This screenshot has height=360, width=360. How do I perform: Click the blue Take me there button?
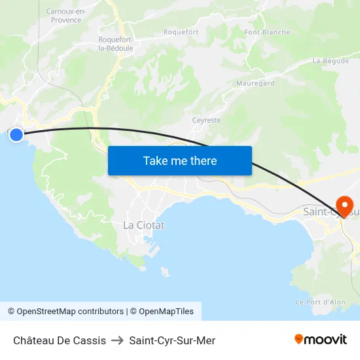[179, 160]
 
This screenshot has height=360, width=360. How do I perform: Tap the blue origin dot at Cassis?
[16, 135]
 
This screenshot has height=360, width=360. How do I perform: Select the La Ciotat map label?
[144, 225]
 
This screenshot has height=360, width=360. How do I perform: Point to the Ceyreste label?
[206, 120]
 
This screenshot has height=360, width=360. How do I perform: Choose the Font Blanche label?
[267, 32]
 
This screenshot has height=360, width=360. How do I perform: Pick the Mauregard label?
[255, 84]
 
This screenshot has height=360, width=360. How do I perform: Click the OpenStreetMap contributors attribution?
[65, 312]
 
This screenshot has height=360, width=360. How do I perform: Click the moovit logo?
[321, 339]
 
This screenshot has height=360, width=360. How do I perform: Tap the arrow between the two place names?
[118, 340]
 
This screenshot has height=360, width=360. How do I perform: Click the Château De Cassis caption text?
[60, 340]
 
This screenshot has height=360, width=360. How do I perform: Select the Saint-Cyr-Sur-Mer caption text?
[172, 340]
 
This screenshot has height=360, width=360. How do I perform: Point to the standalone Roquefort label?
[181, 32]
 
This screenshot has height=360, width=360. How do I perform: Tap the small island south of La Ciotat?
[165, 272]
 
